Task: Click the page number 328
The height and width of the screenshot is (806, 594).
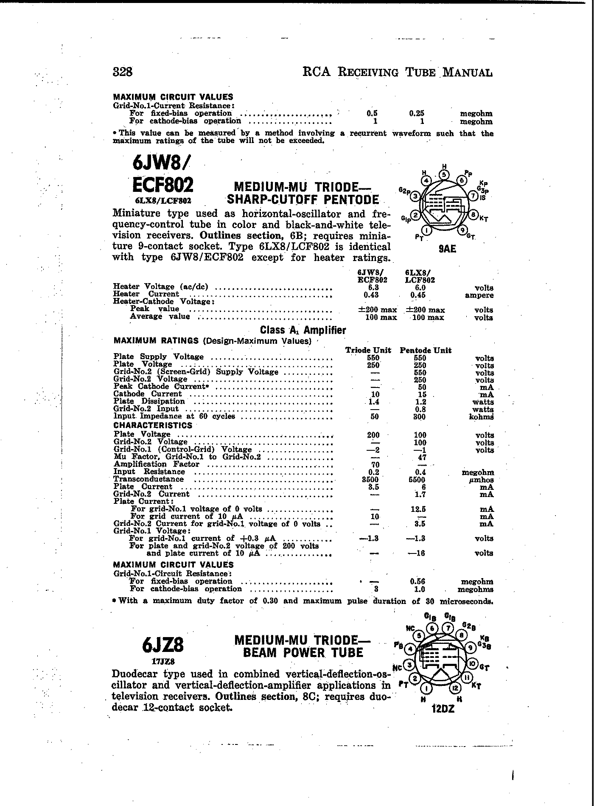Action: (123, 72)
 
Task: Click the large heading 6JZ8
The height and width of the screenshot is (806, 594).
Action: (163, 646)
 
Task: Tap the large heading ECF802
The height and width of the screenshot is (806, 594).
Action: (163, 185)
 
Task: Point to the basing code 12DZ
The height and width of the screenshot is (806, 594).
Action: (443, 708)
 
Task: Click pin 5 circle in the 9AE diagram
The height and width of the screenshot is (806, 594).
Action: (443, 174)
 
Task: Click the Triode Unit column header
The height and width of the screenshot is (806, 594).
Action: (368, 351)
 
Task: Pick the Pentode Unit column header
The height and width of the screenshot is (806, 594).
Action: (426, 351)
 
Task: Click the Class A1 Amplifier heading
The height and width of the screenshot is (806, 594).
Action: (303, 330)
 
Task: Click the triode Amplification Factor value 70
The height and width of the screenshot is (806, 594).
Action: (375, 465)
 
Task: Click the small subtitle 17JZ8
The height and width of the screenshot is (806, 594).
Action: (163, 661)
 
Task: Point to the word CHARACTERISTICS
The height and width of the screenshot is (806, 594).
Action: (153, 425)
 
